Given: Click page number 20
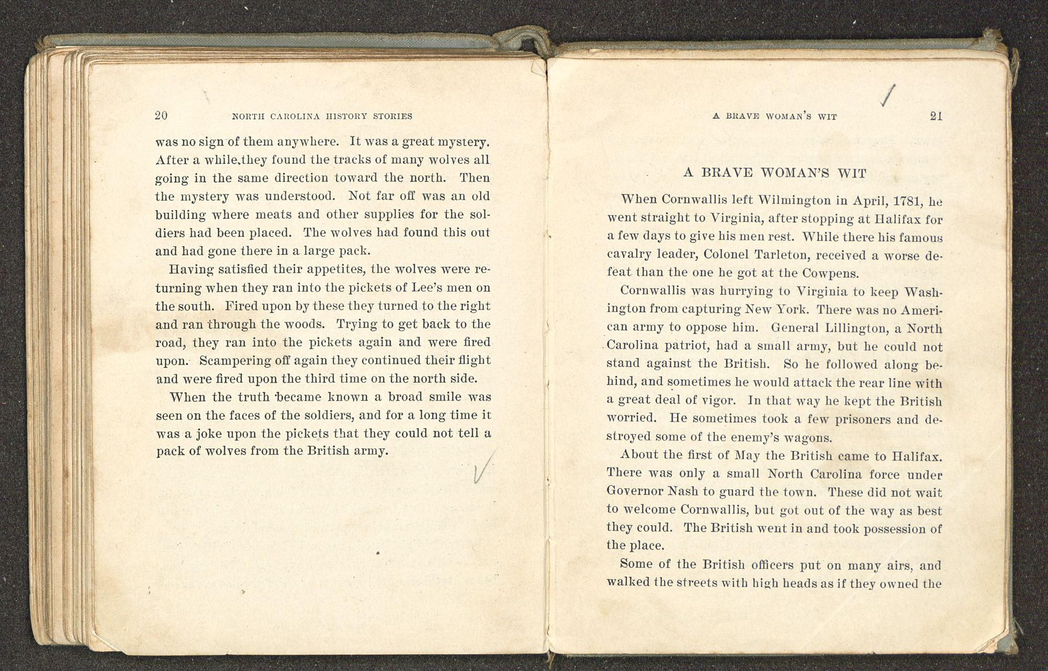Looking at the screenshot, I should tap(161, 116).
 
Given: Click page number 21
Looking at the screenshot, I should tap(936, 116).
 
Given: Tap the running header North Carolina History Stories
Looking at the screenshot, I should tap(322, 116).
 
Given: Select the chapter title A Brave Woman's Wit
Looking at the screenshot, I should tap(775, 173).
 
